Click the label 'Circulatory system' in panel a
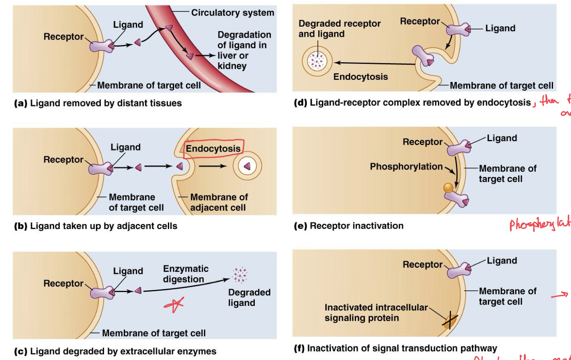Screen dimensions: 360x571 232,13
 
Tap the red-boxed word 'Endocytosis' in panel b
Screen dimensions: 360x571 213,148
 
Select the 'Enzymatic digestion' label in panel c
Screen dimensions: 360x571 186,274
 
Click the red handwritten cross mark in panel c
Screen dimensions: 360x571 174,305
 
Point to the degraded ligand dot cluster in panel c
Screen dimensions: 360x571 240,275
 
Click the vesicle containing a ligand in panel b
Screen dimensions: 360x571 247,166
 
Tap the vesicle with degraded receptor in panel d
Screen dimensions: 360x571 317,61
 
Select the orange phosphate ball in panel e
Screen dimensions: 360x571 449,188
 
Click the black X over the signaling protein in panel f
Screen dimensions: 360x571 449,320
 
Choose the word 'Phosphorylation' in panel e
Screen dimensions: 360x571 406,167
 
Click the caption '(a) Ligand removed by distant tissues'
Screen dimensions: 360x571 98,103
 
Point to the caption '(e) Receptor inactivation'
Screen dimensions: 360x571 349,226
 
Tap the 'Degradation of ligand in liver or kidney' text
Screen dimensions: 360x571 244,50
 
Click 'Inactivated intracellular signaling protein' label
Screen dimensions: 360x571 376,312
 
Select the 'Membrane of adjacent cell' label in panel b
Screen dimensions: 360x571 219,202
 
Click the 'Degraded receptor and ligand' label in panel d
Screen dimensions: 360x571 339,29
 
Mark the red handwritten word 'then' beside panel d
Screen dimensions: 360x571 549,100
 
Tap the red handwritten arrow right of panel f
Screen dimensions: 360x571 560,294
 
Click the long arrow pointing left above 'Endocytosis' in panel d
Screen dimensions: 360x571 375,63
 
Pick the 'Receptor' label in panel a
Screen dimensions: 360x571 63,37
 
